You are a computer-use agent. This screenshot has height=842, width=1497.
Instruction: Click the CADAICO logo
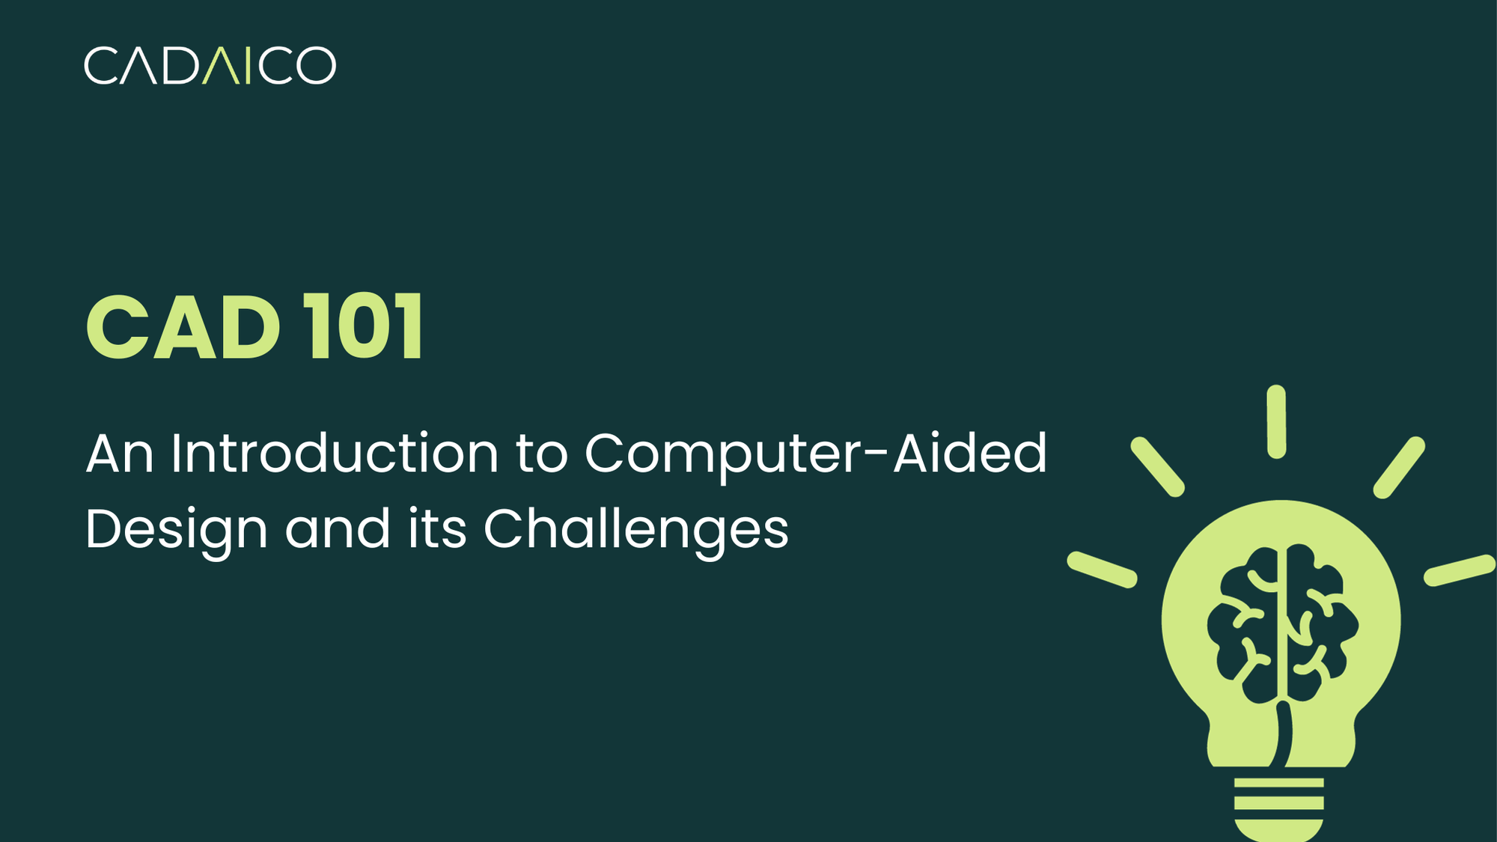pyautogui.click(x=210, y=66)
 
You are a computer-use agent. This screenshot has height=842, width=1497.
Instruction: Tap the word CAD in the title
pyautogui.click(x=183, y=327)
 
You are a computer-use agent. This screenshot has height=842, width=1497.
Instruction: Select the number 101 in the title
pyautogui.click(x=364, y=327)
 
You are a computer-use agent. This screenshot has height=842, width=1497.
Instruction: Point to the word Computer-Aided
pyautogui.click(x=815, y=455)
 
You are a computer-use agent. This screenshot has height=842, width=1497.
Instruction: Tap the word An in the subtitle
pyautogui.click(x=120, y=454)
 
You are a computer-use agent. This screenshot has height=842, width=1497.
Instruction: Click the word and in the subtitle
pyautogui.click(x=338, y=529)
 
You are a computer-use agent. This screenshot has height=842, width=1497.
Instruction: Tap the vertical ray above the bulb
pyautogui.click(x=1276, y=421)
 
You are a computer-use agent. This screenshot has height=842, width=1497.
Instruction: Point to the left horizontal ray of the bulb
pyautogui.click(x=1102, y=570)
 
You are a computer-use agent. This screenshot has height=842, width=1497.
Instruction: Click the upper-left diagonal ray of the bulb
pyautogui.click(x=1157, y=467)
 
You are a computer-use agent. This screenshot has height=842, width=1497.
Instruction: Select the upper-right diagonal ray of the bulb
pyautogui.click(x=1399, y=468)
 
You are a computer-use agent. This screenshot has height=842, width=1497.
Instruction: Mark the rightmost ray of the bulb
pyautogui.click(x=1459, y=570)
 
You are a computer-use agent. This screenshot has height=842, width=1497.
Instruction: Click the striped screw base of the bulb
pyautogui.click(x=1278, y=808)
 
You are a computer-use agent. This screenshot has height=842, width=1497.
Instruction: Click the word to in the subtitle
pyautogui.click(x=541, y=454)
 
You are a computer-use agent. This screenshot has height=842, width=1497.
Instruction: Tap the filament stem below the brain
pyautogui.click(x=1282, y=733)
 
